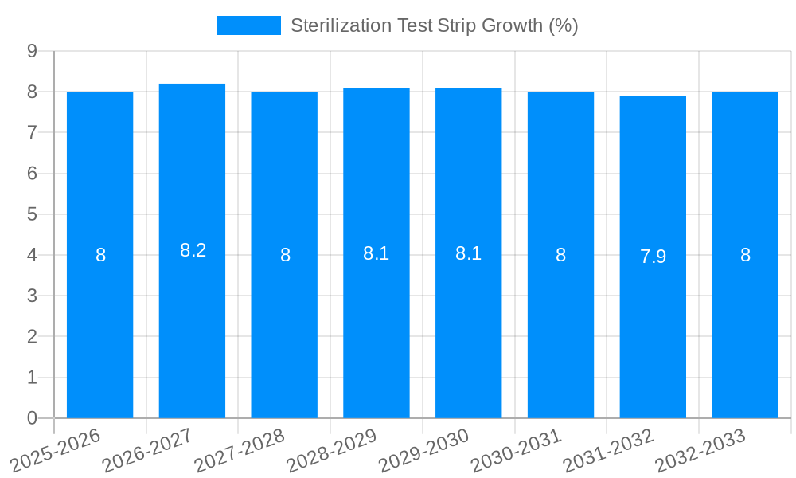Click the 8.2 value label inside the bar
(193, 250)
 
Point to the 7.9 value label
(653, 257)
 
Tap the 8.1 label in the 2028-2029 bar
(376, 253)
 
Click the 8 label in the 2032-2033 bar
(745, 255)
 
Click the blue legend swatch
(248, 25)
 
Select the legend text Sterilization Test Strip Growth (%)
(434, 25)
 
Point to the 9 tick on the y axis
(33, 51)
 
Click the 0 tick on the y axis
(33, 418)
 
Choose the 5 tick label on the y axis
(33, 214)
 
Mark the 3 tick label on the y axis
(33, 296)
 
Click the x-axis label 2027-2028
(239, 450)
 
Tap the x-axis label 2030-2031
(515, 450)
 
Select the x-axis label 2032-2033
(700, 450)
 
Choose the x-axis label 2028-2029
(331, 450)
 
